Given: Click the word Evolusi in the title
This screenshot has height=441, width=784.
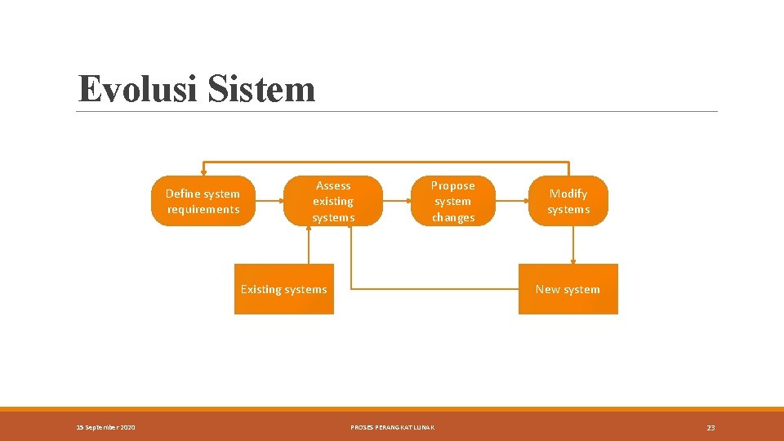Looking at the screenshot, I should [137, 89].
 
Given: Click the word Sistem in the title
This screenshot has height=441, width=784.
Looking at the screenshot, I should [261, 89].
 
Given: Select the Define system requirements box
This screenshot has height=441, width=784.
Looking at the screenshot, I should [203, 201].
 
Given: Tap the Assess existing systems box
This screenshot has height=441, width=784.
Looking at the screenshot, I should [333, 201].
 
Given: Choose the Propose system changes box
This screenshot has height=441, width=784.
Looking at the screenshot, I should [452, 201].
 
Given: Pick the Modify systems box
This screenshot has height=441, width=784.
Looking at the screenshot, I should [568, 201].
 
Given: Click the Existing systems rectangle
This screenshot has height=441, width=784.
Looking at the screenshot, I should [284, 289].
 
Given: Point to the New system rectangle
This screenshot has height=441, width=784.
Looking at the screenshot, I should [568, 289].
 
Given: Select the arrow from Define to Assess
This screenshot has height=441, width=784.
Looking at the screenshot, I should [269, 201].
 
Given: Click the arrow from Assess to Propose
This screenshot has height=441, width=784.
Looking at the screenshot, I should [395, 201].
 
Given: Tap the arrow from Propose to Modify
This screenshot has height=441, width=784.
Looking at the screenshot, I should [511, 201].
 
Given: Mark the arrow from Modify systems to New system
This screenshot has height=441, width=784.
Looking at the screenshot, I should [573, 245].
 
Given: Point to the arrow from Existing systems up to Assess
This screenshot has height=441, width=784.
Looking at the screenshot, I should [309, 245].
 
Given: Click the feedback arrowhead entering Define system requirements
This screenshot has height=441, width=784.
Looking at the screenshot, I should [203, 171].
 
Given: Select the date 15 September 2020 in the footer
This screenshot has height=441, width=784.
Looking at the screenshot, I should [107, 427].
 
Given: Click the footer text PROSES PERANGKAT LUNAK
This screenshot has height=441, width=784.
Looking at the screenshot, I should [392, 427].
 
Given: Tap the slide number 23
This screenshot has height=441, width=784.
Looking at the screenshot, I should [710, 427].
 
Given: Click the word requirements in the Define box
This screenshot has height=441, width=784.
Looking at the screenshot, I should [203, 209].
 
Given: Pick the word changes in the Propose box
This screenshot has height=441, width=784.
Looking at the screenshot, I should [452, 217].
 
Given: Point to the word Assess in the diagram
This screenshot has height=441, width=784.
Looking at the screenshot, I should [333, 185].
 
